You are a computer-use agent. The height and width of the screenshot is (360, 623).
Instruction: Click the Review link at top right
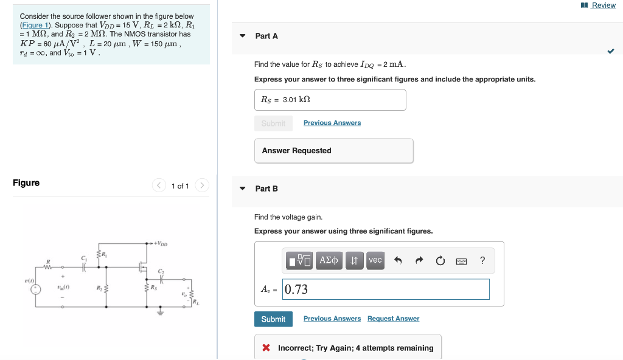tap(603, 5)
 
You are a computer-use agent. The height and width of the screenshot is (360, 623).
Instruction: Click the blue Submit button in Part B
tap(273, 319)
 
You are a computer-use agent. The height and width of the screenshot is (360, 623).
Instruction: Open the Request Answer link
tap(393, 319)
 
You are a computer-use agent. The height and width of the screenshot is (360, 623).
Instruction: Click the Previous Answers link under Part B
tap(332, 319)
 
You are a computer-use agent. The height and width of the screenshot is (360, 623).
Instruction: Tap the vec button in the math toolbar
tap(375, 260)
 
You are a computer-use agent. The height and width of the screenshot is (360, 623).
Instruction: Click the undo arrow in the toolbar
tap(399, 261)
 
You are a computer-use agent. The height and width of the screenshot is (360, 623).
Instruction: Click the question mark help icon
tap(482, 261)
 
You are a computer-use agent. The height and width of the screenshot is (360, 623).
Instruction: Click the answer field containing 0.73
tap(386, 289)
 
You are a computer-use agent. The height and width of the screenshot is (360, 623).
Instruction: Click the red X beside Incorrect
tap(266, 348)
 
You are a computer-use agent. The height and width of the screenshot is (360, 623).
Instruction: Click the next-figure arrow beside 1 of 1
tap(203, 185)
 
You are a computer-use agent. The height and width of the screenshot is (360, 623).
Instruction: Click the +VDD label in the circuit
tap(161, 244)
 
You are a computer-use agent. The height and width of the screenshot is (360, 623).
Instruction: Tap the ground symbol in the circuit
tap(161, 313)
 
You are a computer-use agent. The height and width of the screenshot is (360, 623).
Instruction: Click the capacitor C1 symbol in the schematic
tap(85, 268)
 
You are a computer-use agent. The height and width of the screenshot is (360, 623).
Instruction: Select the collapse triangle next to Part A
tap(243, 36)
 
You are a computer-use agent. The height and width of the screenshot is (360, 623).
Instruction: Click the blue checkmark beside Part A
tap(610, 52)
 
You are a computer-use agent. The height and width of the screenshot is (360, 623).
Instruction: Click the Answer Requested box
tap(333, 151)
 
